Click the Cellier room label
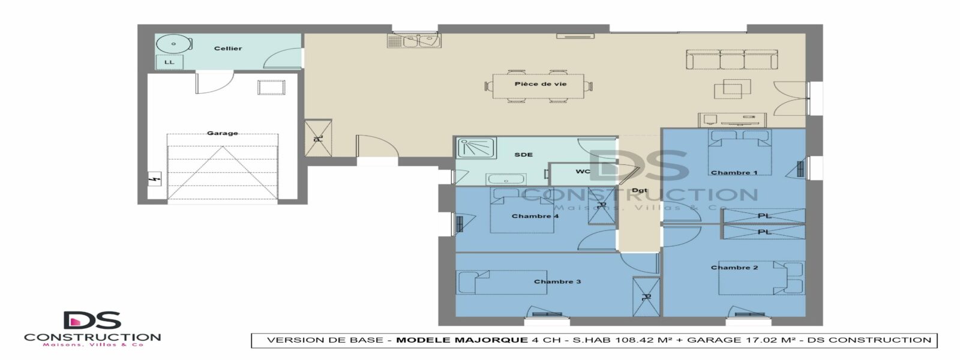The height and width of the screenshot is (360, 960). click(228, 49)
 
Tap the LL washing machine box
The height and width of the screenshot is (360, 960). click(169, 62)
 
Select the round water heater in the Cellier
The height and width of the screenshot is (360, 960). click(173, 44)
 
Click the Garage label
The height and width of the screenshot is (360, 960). click(223, 133)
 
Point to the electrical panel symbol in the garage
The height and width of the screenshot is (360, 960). click(154, 178)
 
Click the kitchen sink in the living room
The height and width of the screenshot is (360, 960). click(414, 41)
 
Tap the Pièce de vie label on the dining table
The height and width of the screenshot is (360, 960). click(541, 84)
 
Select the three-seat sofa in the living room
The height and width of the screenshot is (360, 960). click(731, 59)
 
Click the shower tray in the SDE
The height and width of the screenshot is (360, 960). click(476, 148)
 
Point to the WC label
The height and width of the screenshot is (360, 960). click(583, 172)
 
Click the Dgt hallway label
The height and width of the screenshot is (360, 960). click(640, 190)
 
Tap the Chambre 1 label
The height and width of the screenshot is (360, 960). click(734, 173)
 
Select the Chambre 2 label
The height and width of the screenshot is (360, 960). click(734, 268)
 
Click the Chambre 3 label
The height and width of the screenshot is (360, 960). click(557, 281)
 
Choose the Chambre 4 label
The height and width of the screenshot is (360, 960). click(535, 216)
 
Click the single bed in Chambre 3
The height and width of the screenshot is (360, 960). click(501, 282)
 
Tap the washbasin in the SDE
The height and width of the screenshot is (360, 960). click(506, 179)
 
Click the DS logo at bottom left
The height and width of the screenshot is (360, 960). click(92, 320)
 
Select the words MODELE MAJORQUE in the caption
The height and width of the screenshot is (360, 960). click(462, 340)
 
